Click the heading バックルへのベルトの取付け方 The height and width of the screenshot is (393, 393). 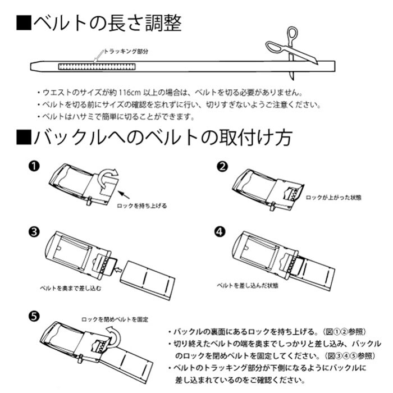[x=154, y=137]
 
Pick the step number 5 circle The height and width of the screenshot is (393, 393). [x=33, y=316]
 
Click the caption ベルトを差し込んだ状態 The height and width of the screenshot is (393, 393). [x=248, y=285]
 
